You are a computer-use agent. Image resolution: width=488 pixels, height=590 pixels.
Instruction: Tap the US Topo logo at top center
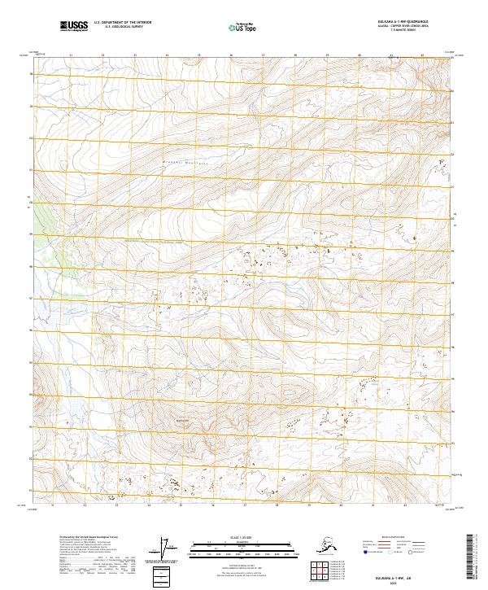238,27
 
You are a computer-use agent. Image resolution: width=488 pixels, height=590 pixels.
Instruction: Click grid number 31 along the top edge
71,55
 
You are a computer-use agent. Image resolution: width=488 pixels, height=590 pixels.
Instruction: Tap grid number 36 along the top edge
232,55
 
